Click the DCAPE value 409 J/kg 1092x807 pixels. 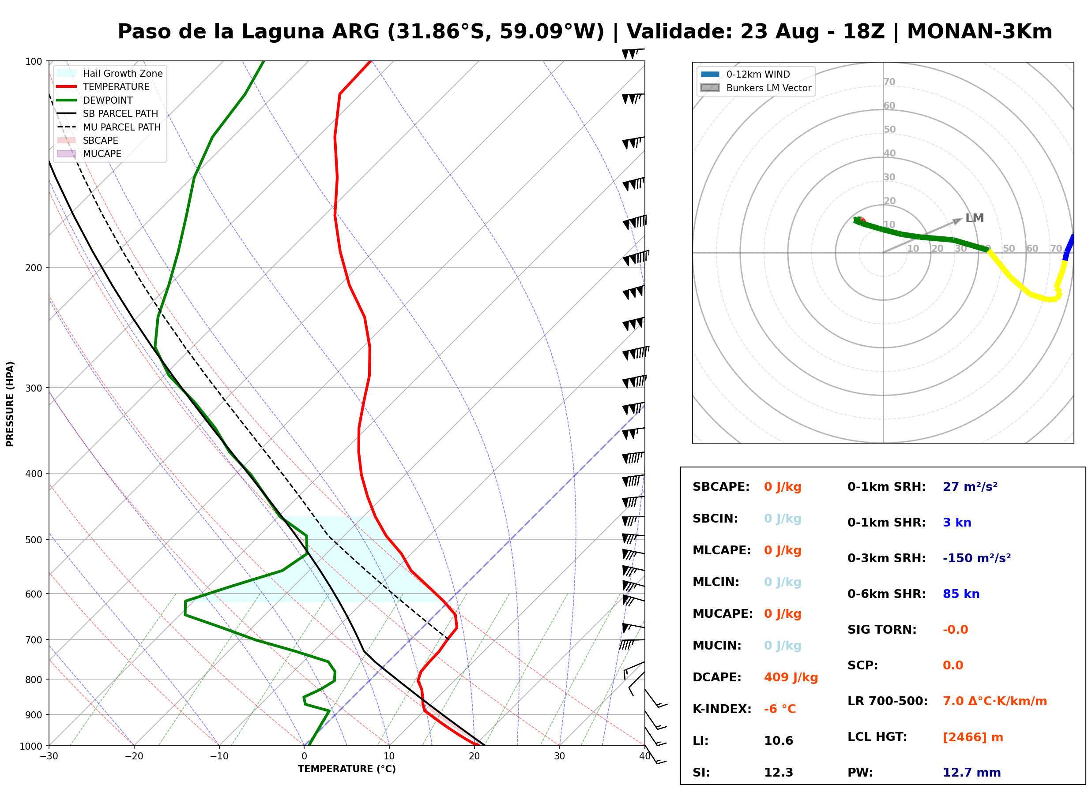tap(791, 677)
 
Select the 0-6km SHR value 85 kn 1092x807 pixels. tap(961, 594)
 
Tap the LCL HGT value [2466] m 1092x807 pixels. tap(973, 737)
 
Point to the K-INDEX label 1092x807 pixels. tap(722, 709)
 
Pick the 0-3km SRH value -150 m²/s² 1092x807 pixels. tap(977, 558)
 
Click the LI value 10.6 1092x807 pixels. tap(779, 740)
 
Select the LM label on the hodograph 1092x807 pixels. tap(974, 218)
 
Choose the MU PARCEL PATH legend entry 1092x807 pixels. tap(109, 127)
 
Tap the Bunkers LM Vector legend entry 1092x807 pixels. tap(756, 88)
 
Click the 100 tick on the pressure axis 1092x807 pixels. tap(34, 61)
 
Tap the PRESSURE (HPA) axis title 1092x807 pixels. tap(10, 404)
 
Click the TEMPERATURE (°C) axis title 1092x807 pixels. tap(347, 769)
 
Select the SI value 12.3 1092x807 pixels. tap(779, 772)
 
